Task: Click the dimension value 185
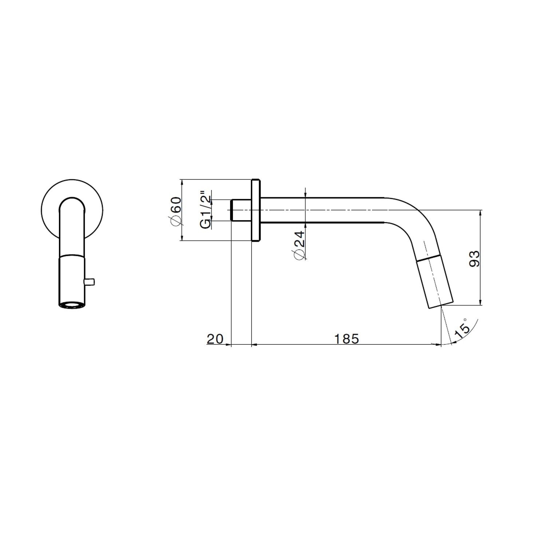[x=347, y=339]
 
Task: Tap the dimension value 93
[x=475, y=258]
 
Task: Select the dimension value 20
[x=215, y=339]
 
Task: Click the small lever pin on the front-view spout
[x=90, y=281]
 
